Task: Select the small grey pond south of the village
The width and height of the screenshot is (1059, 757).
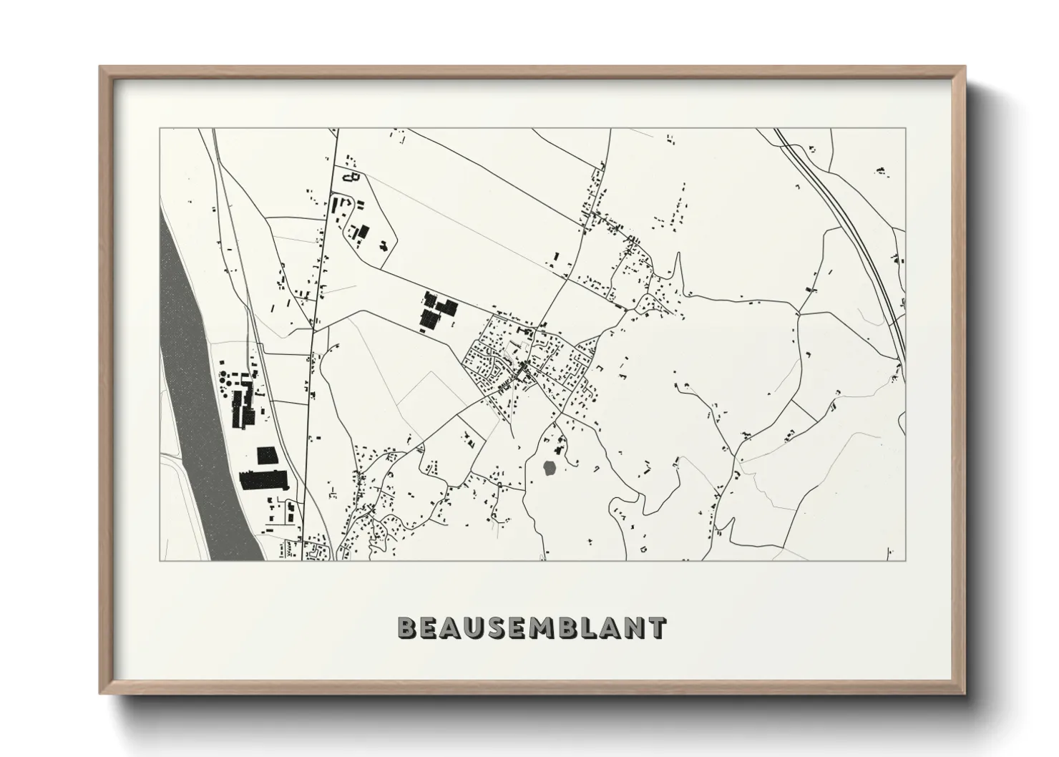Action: (550, 469)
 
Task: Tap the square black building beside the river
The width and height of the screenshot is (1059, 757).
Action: (266, 456)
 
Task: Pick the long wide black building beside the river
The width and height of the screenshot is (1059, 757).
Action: (262, 479)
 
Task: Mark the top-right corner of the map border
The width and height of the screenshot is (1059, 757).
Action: (905, 129)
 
